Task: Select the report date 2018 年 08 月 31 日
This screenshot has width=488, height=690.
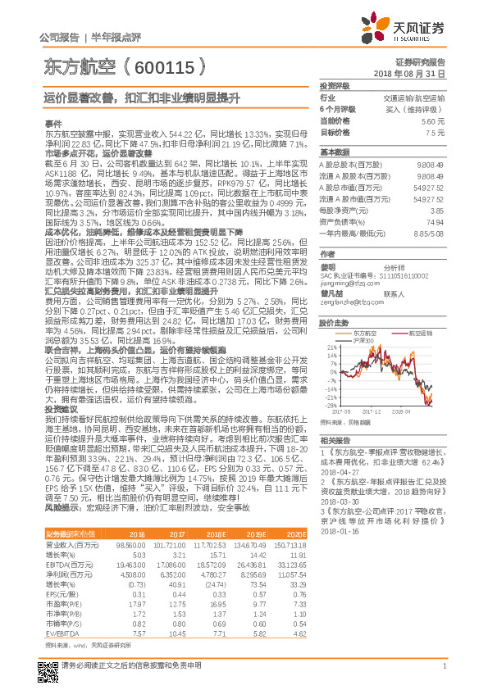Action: [x=419, y=74]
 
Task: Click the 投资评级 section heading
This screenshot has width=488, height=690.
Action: [x=335, y=85]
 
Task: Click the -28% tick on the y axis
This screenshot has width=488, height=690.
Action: [x=331, y=405]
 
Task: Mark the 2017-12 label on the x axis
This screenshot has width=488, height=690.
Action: [x=374, y=411]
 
